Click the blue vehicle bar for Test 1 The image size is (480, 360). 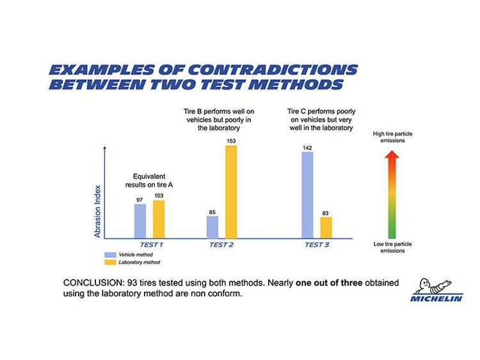coord(140,221)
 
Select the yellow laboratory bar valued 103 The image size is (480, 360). coord(159,219)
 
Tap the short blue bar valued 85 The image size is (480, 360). coord(212,226)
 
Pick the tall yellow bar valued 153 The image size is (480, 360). coord(230,191)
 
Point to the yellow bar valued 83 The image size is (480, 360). coord(326,227)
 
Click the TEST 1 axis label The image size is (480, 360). coord(152,245)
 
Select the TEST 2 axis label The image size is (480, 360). coord(221,245)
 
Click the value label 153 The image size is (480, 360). coord(230,141)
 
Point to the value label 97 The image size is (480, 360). coord(140,200)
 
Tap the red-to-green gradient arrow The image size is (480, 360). coord(393,194)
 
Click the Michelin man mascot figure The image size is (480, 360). coord(431,286)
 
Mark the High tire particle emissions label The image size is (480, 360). coord(393,137)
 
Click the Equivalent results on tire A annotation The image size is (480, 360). coord(150,180)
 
